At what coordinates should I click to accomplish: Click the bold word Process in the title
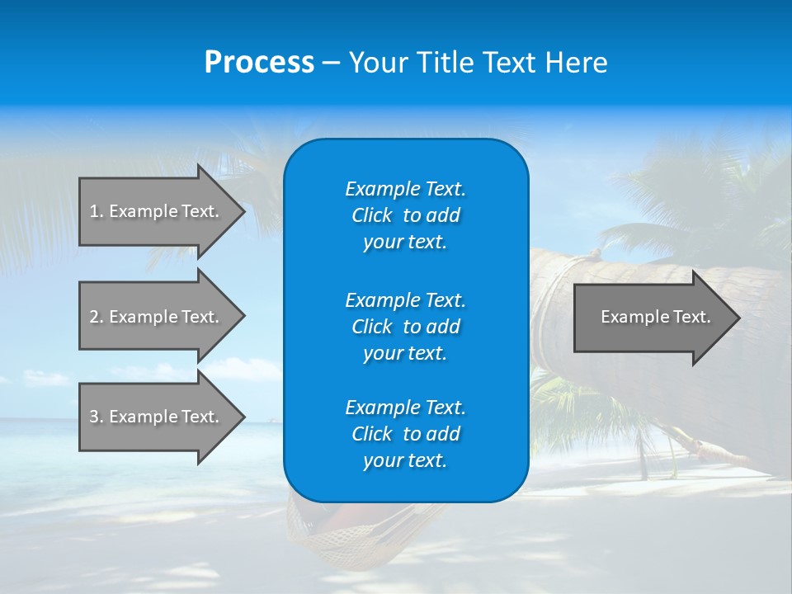(x=259, y=63)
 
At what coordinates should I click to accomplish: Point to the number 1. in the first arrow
(x=97, y=211)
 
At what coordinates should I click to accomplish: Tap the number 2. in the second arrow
(x=97, y=317)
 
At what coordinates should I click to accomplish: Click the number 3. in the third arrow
(x=97, y=417)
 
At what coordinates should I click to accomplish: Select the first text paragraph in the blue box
(x=405, y=215)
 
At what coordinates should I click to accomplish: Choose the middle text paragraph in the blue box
(x=405, y=326)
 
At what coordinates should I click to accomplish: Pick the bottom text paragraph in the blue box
(x=405, y=434)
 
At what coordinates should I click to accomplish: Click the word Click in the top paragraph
(x=371, y=215)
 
